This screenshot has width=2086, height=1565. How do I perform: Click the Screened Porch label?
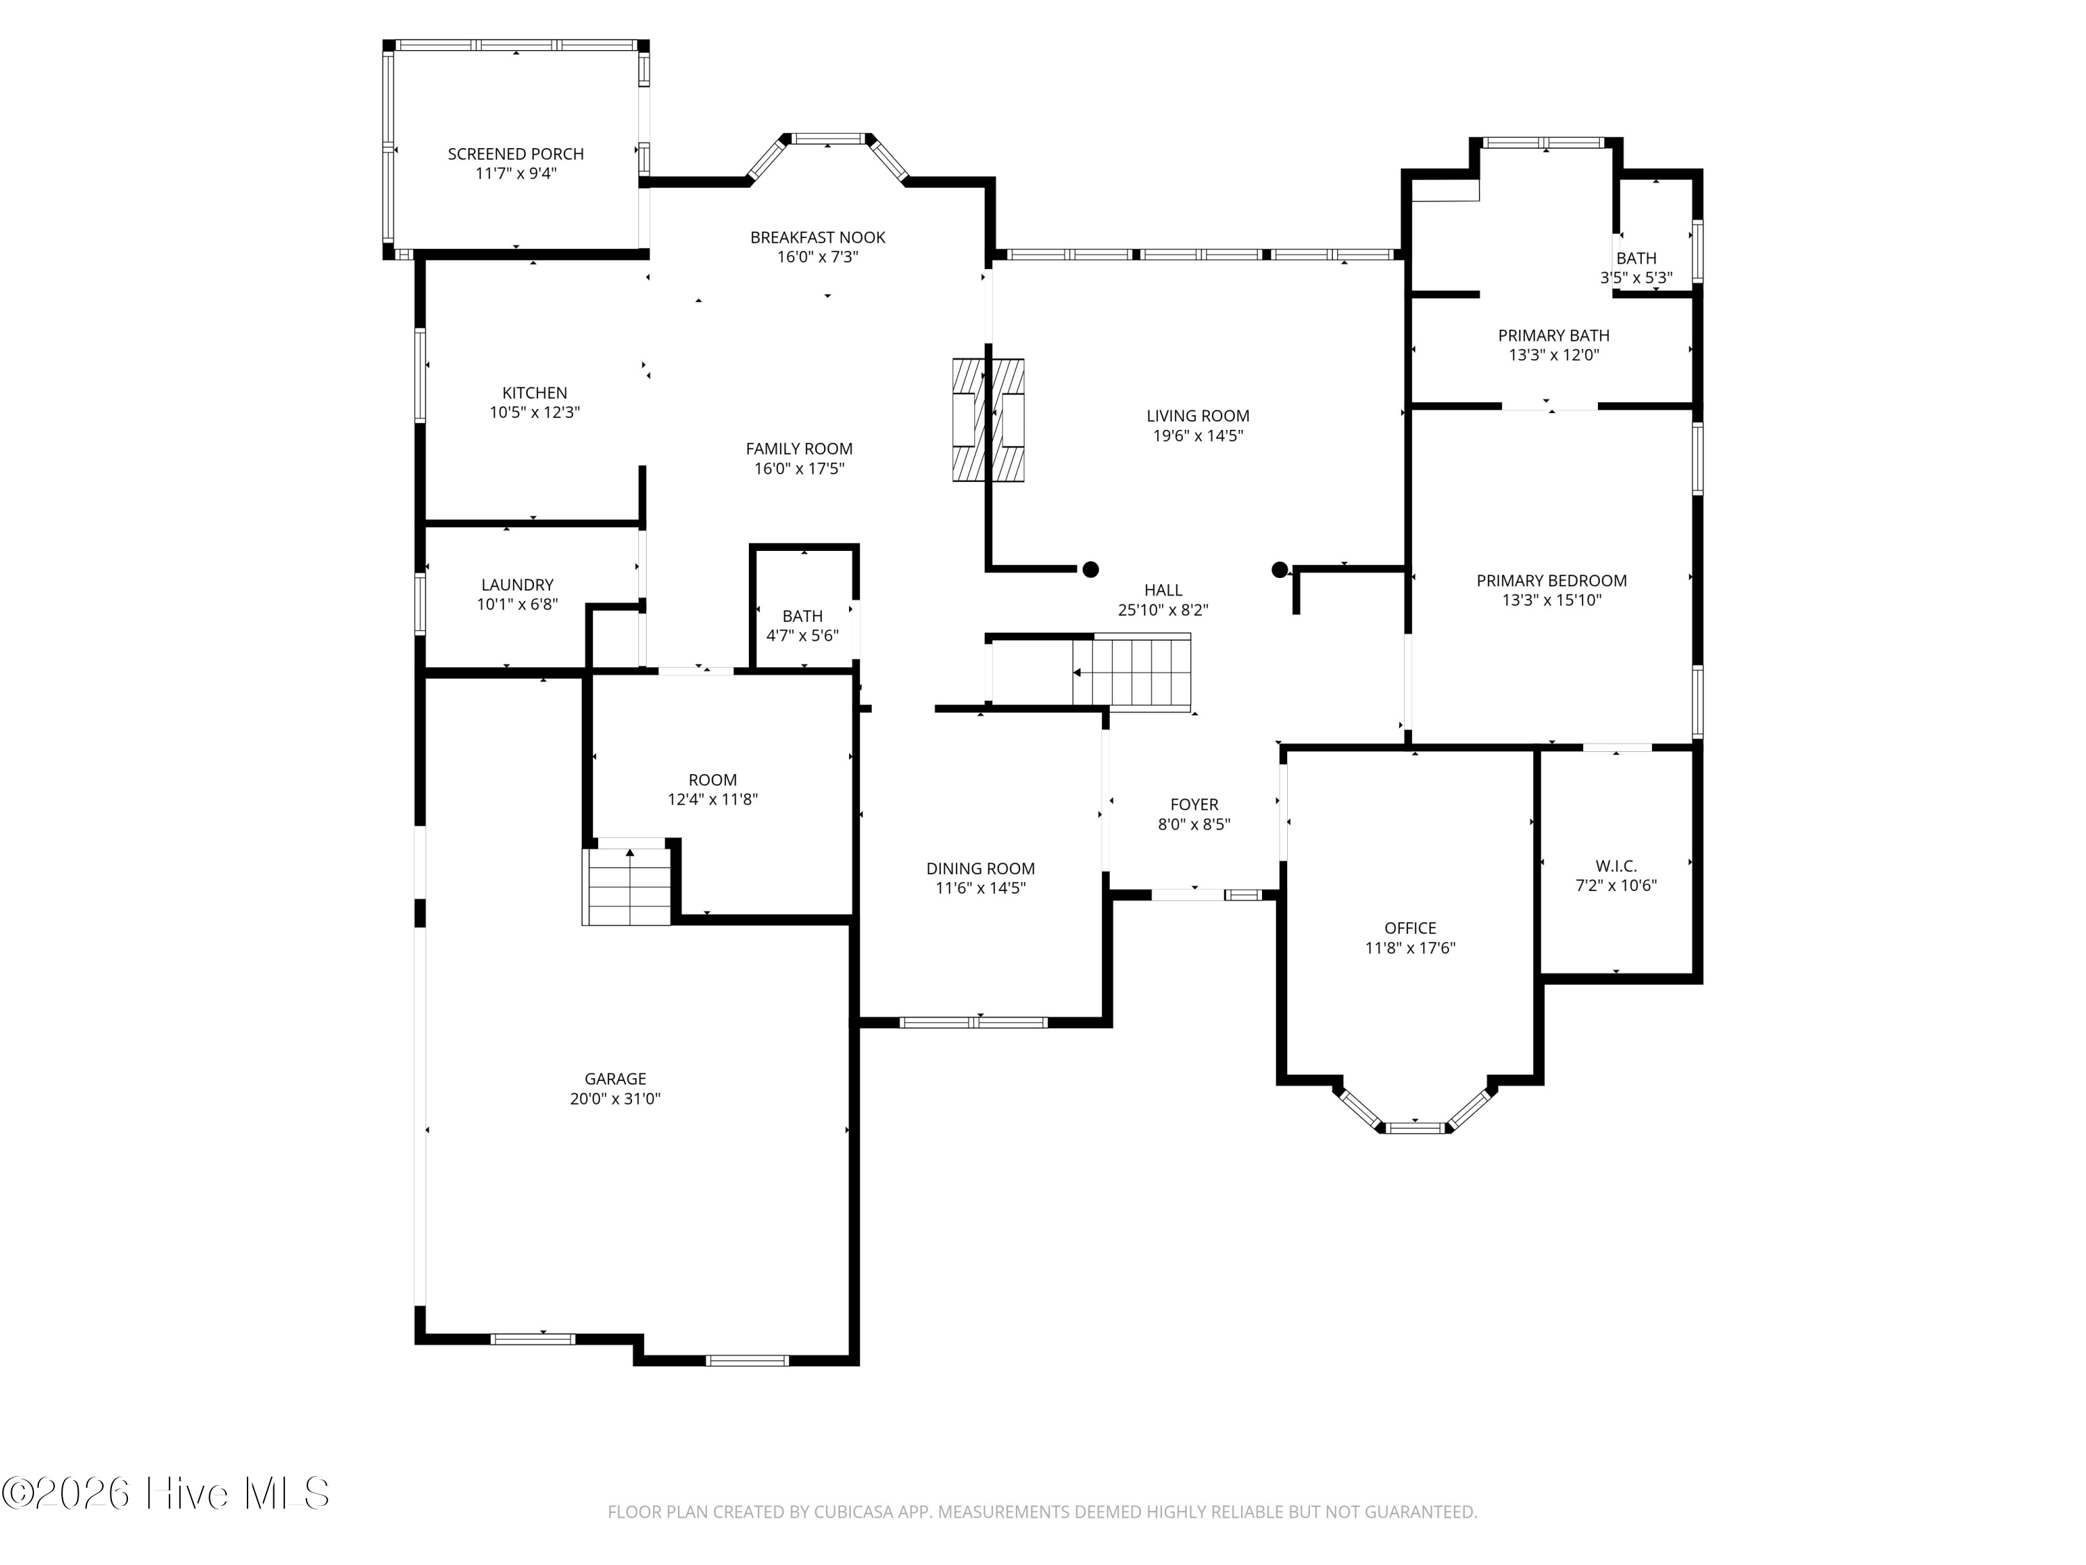pyautogui.click(x=515, y=154)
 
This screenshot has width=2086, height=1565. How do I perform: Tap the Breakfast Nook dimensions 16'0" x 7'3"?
pyautogui.click(x=818, y=257)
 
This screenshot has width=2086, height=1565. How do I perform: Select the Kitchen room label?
pyautogui.click(x=535, y=392)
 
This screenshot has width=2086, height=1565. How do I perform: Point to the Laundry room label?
pyautogui.click(x=517, y=585)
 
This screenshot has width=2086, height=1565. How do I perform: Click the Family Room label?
pyautogui.click(x=799, y=449)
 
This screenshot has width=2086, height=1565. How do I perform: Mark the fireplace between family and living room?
pyautogui.click(x=988, y=420)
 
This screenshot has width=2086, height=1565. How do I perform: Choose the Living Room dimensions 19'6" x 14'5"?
pyautogui.click(x=1197, y=436)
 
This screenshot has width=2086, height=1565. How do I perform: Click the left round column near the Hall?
pyautogui.click(x=1090, y=569)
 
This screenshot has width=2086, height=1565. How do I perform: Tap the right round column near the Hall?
pyautogui.click(x=1279, y=569)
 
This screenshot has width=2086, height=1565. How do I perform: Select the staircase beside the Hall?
pyautogui.click(x=1131, y=673)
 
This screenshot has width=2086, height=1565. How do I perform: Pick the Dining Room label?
pyautogui.click(x=980, y=869)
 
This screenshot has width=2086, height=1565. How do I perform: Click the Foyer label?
pyautogui.click(x=1194, y=805)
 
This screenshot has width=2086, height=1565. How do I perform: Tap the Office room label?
pyautogui.click(x=1410, y=929)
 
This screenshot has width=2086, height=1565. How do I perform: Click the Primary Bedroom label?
pyautogui.click(x=1551, y=581)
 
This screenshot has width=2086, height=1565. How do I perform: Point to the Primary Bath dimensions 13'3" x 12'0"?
pyautogui.click(x=1553, y=355)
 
